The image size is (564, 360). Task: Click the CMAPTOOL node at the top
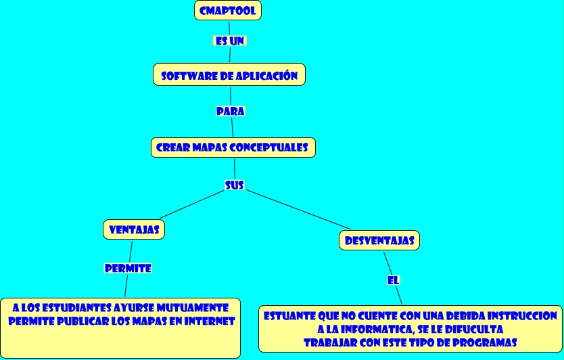[x=228, y=11]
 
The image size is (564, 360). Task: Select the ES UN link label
[x=229, y=41]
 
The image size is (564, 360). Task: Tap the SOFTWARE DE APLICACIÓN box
[x=229, y=75]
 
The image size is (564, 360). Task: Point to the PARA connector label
[x=230, y=111]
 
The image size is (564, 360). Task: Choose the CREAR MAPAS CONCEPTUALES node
[x=233, y=147]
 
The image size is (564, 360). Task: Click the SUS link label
[x=234, y=185]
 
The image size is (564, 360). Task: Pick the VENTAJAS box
[x=134, y=229]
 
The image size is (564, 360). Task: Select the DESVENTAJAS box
[x=379, y=240]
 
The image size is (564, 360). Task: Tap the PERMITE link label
[x=128, y=268]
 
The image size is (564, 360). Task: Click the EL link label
[x=394, y=279]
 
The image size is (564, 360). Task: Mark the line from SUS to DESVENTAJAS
[x=298, y=209]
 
